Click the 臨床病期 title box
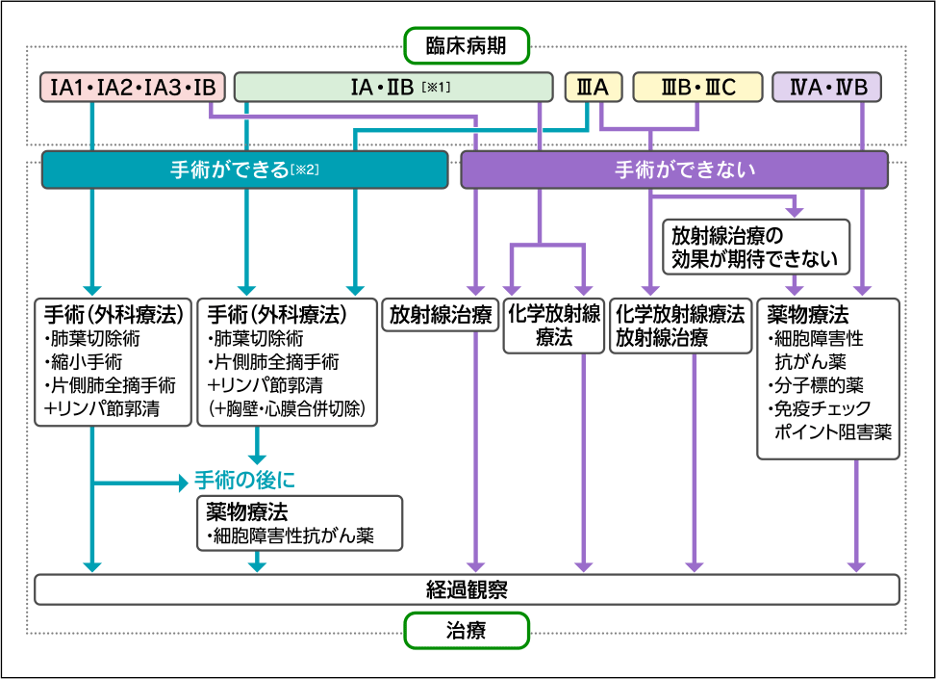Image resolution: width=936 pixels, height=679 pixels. point(466,43)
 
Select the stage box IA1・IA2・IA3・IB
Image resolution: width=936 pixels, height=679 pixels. point(134,88)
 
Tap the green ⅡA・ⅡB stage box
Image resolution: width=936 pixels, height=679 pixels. point(393,88)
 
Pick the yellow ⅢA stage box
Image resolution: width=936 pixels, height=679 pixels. point(589,88)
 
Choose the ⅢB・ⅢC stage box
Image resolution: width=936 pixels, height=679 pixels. point(697,88)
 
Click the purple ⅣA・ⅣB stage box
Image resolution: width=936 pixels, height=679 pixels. point(827,88)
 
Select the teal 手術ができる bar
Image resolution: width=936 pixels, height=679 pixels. point(244,170)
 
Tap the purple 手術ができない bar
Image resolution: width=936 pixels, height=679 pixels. point(673,170)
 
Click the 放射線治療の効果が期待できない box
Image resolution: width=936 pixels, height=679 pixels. point(755,247)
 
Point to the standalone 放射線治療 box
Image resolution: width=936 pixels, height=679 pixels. point(441,315)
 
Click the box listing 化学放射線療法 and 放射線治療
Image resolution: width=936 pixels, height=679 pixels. point(680,326)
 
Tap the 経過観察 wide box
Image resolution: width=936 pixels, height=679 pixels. point(467,589)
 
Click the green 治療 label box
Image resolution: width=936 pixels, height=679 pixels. point(466,632)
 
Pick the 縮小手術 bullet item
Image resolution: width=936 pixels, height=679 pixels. point(83,362)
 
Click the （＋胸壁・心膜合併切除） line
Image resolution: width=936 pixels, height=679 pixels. point(288,409)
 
